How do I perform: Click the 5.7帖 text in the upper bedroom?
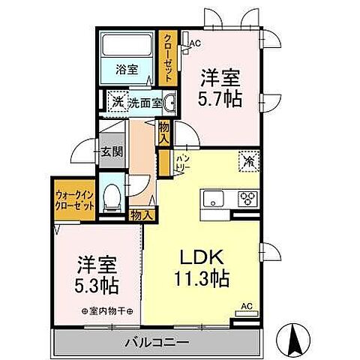(220, 99)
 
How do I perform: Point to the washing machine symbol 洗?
(116, 103)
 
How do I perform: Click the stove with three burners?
(247, 199)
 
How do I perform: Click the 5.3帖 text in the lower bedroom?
(97, 286)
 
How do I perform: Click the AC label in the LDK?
(245, 307)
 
